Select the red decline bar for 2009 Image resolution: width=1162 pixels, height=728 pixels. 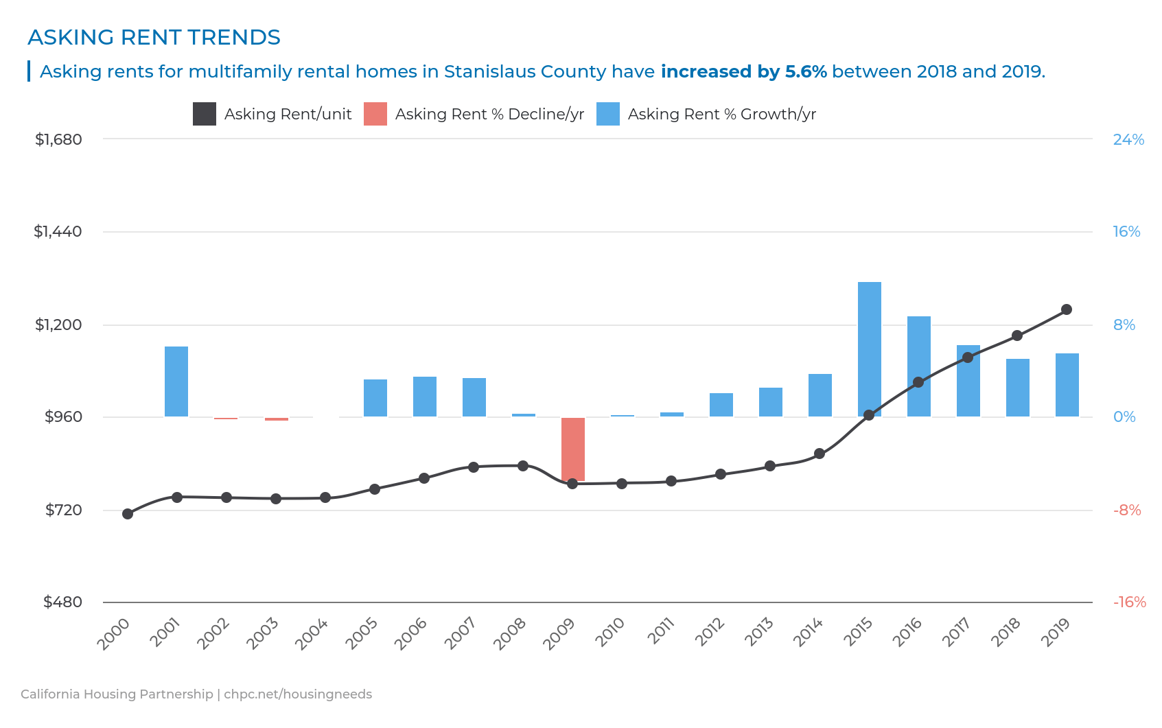[572, 449]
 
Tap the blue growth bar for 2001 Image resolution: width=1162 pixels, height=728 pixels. [176, 381]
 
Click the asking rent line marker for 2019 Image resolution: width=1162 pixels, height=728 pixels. [1066, 309]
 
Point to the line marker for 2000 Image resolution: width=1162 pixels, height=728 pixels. [128, 514]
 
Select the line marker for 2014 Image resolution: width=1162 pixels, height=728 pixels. [819, 454]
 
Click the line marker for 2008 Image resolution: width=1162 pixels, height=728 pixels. [523, 466]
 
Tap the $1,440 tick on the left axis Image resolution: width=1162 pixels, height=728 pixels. [58, 231]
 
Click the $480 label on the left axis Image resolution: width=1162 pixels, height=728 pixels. [62, 602]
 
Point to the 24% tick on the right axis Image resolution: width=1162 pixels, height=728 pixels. [1128, 139]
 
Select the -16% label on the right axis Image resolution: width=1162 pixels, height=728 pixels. [1129, 602]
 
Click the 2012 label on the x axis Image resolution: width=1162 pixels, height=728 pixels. [710, 631]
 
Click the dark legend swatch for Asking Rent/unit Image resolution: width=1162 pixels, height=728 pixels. [205, 114]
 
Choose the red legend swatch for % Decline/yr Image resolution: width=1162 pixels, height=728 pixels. [375, 114]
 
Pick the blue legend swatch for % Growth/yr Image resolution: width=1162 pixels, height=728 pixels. [607, 114]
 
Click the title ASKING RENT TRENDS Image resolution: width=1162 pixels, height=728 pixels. [154, 37]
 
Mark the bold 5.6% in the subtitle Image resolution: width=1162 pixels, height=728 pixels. [805, 71]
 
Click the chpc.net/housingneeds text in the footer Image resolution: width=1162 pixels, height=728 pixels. [298, 694]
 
